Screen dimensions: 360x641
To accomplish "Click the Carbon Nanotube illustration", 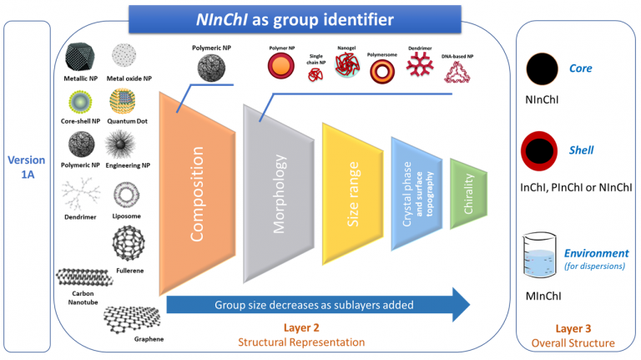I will pos(83,281).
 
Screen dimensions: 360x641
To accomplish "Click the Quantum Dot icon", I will pos(127,102).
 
